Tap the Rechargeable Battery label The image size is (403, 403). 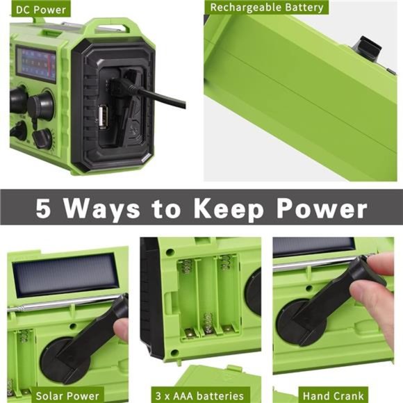click(x=267, y=8)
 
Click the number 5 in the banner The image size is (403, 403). click(x=43, y=209)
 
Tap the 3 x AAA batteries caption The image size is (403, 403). click(x=201, y=395)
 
